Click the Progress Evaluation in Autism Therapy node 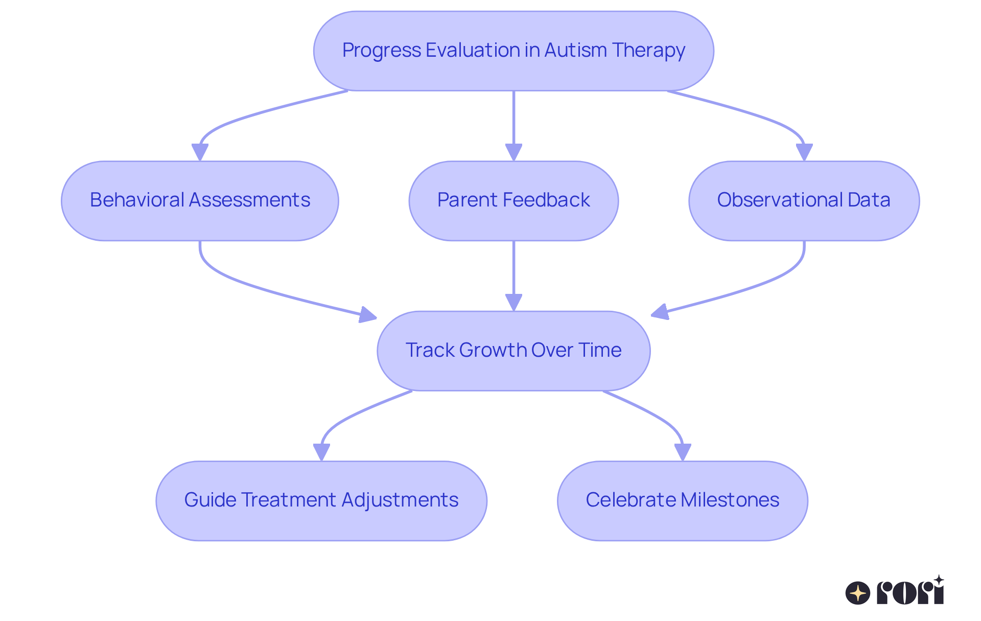[x=513, y=51]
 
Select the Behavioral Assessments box [x=200, y=201]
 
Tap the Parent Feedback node [x=513, y=201]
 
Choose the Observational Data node [x=804, y=201]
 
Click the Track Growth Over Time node [x=513, y=351]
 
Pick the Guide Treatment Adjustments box [x=321, y=501]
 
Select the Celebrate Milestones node [x=682, y=501]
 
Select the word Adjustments [x=400, y=500]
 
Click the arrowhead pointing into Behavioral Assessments [x=200, y=152]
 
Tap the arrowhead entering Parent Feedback [x=513, y=152]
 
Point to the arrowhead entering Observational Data [x=804, y=152]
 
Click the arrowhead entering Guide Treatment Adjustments [x=321, y=452]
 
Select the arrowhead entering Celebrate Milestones [x=683, y=452]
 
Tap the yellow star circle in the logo [x=858, y=593]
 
